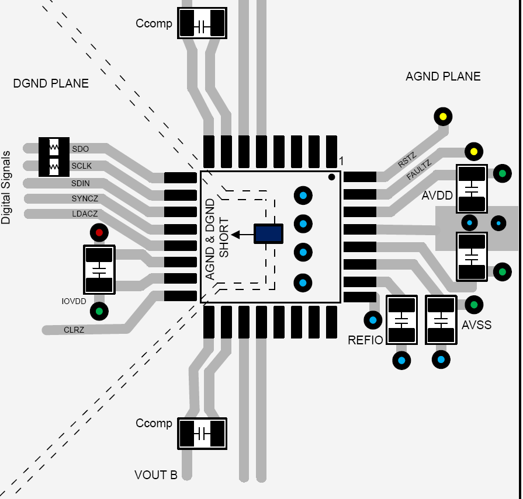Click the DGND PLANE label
51,83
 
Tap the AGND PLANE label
443,76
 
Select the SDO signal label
80,149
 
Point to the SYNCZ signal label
85,198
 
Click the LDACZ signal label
85,214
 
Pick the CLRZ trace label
74,330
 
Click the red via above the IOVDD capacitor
99,233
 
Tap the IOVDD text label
74,302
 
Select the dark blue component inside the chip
268,234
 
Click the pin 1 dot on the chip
331,177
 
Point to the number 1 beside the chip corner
341,161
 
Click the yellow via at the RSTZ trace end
443,117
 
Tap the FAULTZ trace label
418,170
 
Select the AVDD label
437,196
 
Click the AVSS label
477,324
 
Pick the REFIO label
365,340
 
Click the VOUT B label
156,475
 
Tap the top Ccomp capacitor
202,24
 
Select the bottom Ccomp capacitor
202,434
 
